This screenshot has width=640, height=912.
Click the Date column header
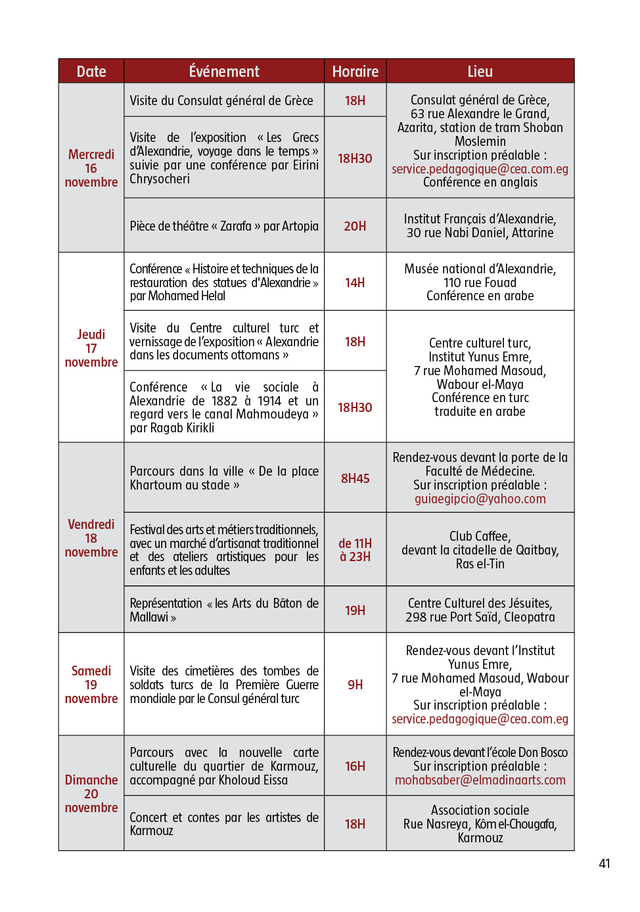tap(91, 72)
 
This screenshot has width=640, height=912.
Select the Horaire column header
tap(355, 72)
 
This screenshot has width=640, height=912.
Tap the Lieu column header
tap(480, 72)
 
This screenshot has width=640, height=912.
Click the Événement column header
tap(224, 72)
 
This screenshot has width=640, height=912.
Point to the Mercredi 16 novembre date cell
tap(91, 168)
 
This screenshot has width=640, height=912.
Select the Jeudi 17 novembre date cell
tap(91, 348)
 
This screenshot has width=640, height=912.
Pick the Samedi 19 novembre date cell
tap(91, 685)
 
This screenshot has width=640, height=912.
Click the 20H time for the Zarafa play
tap(355, 226)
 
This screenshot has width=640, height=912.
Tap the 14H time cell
tap(355, 283)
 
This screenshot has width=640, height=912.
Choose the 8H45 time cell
tap(355, 478)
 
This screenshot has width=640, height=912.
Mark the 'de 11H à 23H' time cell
tap(355, 550)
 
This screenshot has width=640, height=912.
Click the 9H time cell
tap(355, 685)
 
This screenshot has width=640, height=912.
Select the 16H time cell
tap(355, 766)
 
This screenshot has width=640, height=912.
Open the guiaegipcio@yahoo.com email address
tap(480, 499)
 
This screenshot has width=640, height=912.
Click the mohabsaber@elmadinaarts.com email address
tap(480, 780)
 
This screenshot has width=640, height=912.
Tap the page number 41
tap(605, 863)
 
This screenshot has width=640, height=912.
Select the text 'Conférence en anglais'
tap(480, 182)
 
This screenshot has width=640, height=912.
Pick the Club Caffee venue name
tap(480, 536)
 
